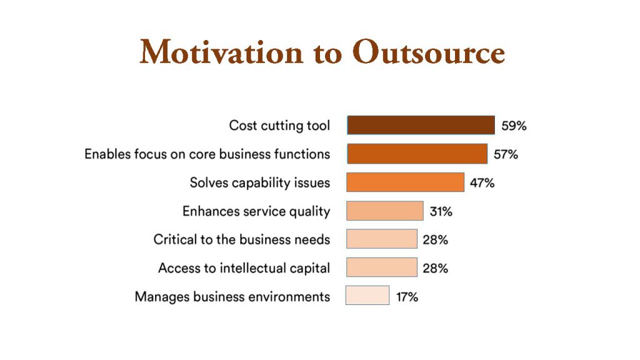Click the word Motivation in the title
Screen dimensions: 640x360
[221, 52]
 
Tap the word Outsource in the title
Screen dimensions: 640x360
[429, 52]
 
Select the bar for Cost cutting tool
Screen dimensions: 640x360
[421, 125]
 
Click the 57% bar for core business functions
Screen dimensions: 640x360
[417, 154]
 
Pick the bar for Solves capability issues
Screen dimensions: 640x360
[405, 182]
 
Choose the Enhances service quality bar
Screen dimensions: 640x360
[385, 211]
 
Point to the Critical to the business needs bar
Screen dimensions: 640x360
[382, 239]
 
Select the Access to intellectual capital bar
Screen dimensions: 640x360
[382, 267]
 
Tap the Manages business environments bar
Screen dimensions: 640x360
[367, 295]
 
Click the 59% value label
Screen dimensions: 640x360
[514, 126]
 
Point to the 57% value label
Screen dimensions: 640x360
[506, 154]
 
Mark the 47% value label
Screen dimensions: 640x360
[482, 183]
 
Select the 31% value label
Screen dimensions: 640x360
[441, 211]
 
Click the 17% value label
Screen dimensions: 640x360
[407, 297]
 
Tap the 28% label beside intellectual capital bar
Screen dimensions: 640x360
[435, 268]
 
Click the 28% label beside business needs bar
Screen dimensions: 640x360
[435, 239]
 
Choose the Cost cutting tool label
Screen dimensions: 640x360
[279, 125]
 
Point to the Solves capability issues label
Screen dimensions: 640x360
[260, 182]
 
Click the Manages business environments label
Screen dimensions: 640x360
[232, 297]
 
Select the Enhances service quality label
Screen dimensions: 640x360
[256, 211]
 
